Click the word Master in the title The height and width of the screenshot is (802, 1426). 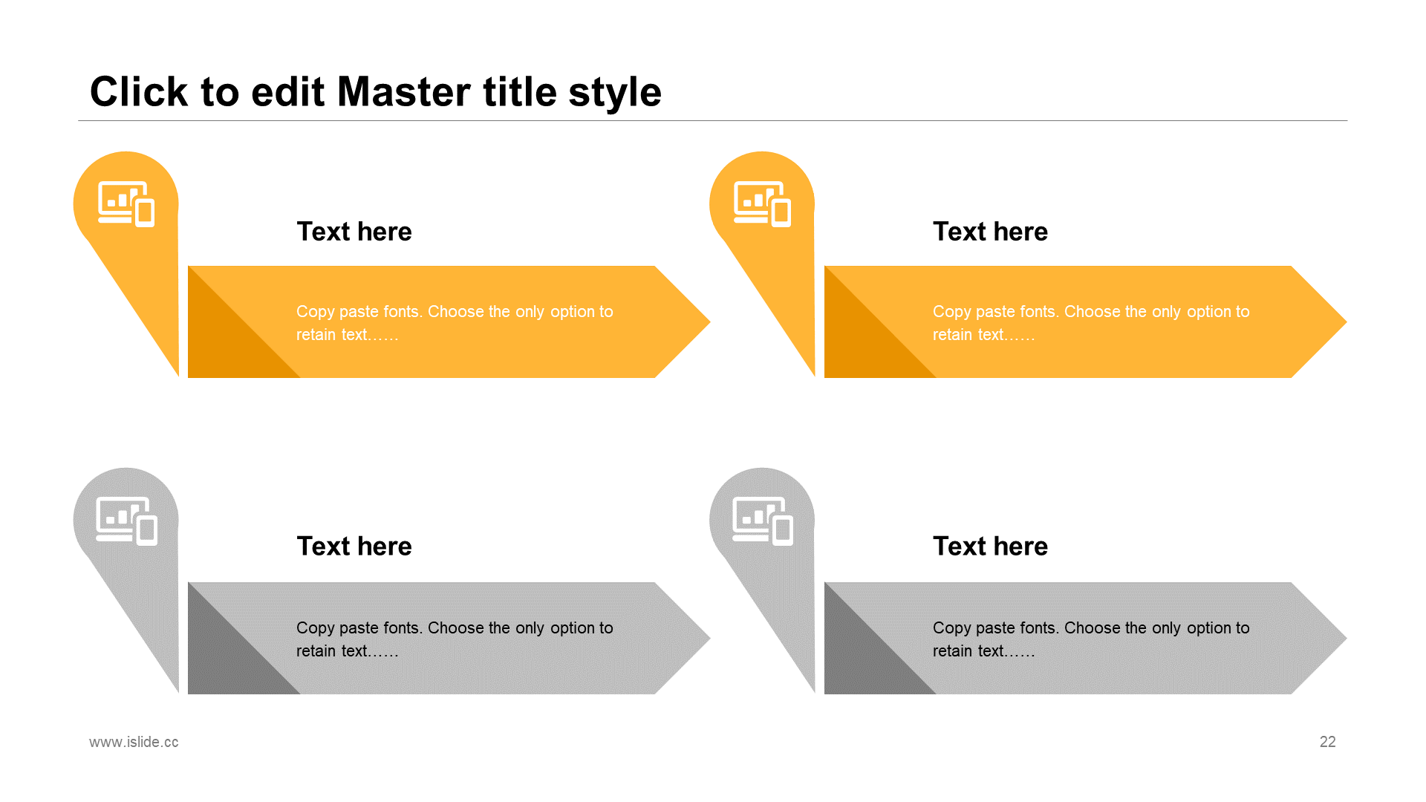[405, 92]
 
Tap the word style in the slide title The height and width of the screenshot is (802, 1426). [615, 94]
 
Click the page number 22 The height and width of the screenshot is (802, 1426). [1327, 742]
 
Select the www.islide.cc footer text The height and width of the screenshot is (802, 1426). [134, 742]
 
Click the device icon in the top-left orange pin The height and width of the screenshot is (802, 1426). [126, 203]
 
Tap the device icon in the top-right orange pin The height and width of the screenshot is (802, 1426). [762, 203]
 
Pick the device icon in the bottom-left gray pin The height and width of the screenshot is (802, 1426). [127, 521]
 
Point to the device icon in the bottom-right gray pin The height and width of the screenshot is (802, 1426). [763, 521]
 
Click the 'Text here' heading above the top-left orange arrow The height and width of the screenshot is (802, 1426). [354, 232]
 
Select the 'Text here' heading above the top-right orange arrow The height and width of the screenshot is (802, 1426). [990, 232]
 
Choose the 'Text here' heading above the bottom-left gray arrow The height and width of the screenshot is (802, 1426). [354, 547]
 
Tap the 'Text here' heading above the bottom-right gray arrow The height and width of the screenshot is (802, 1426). [990, 547]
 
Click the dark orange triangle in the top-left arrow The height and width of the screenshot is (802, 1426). [226, 340]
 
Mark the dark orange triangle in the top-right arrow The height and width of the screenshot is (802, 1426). [862, 340]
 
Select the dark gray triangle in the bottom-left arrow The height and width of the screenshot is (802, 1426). [226, 656]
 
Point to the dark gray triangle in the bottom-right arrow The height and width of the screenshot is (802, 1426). [862, 656]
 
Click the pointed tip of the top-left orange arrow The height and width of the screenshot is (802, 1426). [710, 322]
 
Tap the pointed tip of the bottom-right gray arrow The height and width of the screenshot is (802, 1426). [1346, 638]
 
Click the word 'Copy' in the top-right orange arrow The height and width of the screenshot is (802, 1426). [951, 312]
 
